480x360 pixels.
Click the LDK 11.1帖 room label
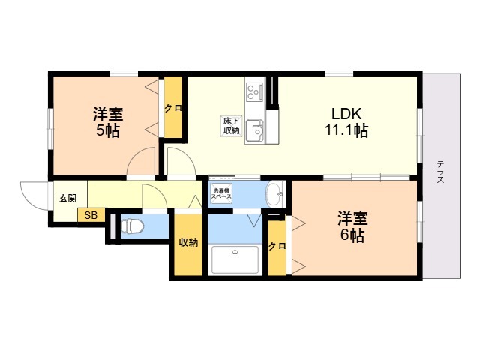346,122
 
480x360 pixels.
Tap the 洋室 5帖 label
108,122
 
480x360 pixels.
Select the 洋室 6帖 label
352,227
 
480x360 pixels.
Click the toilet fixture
132,226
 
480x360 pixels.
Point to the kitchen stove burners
255,91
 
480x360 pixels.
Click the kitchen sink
255,130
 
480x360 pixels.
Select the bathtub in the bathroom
235,260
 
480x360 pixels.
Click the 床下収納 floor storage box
232,125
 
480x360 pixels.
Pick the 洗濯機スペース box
221,193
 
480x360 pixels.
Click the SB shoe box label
91,215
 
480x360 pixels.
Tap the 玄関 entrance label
67,199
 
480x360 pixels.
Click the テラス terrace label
440,172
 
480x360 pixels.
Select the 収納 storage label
188,242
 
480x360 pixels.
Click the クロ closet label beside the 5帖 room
173,108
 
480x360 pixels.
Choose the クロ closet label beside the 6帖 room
277,246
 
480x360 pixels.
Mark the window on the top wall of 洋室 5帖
124,73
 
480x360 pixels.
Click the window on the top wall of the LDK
339,73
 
